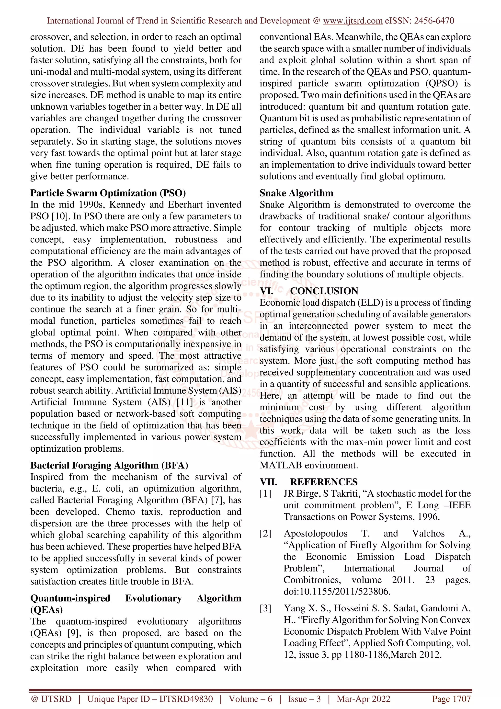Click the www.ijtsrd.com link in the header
[x=353, y=21]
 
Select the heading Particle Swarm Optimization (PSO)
[x=108, y=193]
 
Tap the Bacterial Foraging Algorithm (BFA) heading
[x=109, y=465]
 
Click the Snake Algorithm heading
[x=296, y=193]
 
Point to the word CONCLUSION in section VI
[x=324, y=291]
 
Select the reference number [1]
[x=265, y=494]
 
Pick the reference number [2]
[x=265, y=534]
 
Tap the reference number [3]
[x=265, y=608]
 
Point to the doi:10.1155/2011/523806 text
[x=337, y=592]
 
